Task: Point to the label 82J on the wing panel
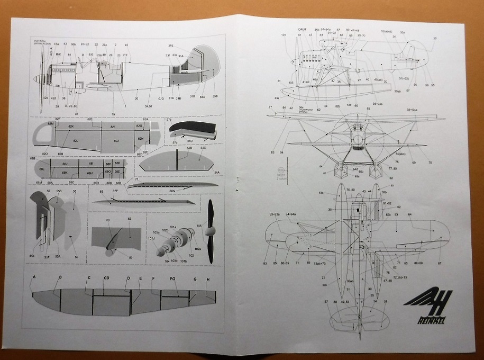tap(116, 140)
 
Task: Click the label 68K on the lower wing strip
tap(65, 173)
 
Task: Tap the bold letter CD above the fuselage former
tap(106, 278)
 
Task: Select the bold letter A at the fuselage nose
tap(34, 277)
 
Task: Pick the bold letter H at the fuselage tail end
tap(208, 280)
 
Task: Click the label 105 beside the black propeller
tap(199, 226)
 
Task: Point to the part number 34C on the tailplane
tap(203, 148)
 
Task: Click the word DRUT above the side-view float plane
tap(303, 30)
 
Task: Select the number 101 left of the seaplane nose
tap(284, 35)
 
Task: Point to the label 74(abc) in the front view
tap(400, 154)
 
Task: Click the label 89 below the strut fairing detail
tap(131, 258)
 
